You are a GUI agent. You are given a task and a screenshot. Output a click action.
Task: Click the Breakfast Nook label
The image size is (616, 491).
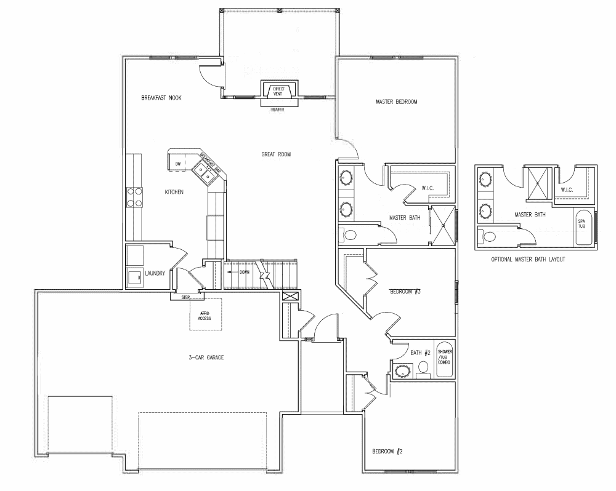pyautogui.click(x=161, y=98)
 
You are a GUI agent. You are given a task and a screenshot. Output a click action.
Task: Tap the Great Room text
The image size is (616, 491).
pyautogui.click(x=276, y=154)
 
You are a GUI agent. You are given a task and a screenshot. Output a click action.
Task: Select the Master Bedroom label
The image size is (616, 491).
pyautogui.click(x=396, y=102)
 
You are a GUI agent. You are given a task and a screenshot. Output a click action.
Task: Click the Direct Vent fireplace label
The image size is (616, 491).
pyautogui.click(x=278, y=92)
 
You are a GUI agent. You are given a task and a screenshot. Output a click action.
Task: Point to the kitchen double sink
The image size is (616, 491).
pyautogui.click(x=205, y=174)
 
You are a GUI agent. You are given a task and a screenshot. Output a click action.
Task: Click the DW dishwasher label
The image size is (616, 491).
pyautogui.click(x=178, y=164)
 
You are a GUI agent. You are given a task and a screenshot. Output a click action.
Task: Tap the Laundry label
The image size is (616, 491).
pyautogui.click(x=155, y=273)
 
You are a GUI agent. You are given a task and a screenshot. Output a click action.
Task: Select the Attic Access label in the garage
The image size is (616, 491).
pyautogui.click(x=205, y=316)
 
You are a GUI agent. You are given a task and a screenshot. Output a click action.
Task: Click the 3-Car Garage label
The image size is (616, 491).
pyautogui.click(x=206, y=357)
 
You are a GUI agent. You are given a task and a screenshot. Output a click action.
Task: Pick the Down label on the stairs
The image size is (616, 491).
pyautogui.click(x=245, y=272)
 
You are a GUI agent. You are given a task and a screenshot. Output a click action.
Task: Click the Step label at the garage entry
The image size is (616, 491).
pyautogui.click(x=185, y=297)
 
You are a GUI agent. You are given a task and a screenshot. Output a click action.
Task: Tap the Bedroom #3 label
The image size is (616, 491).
pyautogui.click(x=405, y=292)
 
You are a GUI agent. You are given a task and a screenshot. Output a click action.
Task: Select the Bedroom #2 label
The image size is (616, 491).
pyautogui.click(x=387, y=452)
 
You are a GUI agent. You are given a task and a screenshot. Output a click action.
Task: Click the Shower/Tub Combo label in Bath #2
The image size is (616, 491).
pyautogui.click(x=445, y=357)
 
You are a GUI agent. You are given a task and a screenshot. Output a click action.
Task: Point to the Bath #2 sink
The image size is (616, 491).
pyautogui.click(x=403, y=371)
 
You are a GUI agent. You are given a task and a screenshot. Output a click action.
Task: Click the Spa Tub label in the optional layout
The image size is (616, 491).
pyautogui.click(x=582, y=223)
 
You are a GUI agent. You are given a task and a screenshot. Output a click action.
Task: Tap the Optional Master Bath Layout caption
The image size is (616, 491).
pyautogui.click(x=528, y=260)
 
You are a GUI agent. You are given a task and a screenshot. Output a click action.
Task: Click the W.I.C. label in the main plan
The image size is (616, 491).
pyautogui.click(x=428, y=188)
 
